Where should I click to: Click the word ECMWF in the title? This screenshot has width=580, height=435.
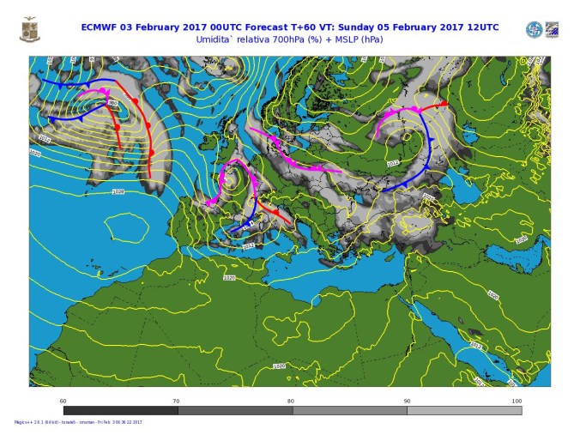pos(101,27)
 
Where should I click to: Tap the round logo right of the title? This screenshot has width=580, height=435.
pos(534,30)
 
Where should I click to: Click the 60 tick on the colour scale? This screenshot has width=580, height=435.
pos(63,401)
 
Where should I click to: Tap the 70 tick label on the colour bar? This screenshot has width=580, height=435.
pos(177,401)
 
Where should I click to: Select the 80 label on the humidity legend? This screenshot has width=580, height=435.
pos(291,401)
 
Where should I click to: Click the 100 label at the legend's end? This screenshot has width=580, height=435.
pos(516,401)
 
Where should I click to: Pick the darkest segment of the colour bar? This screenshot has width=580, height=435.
pos(120,410)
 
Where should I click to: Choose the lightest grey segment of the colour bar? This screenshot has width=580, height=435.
pos(464,410)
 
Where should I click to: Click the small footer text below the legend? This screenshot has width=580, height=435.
pos(77,422)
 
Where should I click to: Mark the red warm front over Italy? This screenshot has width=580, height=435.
pos(268,209)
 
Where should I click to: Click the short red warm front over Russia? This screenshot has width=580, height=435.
pos(434,106)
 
